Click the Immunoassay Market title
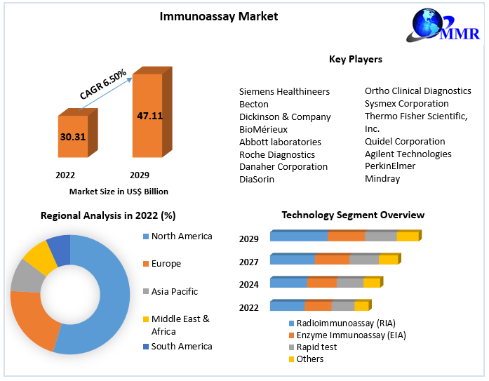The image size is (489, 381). pos(218,15)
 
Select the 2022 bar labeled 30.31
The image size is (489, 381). pos(72,137)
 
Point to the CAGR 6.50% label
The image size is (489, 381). pos(103,84)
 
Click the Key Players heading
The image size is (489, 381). pos(355,60)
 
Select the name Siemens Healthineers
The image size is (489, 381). pos(284,91)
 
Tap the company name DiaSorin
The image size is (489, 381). pos(257,179)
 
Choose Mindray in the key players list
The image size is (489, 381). pos(382,179)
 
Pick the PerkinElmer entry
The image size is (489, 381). pos(390,166)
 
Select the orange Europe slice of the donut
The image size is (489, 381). pos(32,319)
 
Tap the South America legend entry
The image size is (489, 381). pos(181,346)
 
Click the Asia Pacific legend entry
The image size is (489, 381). pos(174,291)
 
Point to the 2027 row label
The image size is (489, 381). pos(249,262)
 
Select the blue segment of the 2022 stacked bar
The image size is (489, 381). pos(287,306)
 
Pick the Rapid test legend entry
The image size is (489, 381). pos(316,347)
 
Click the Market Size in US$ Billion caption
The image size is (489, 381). pos(119,191)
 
